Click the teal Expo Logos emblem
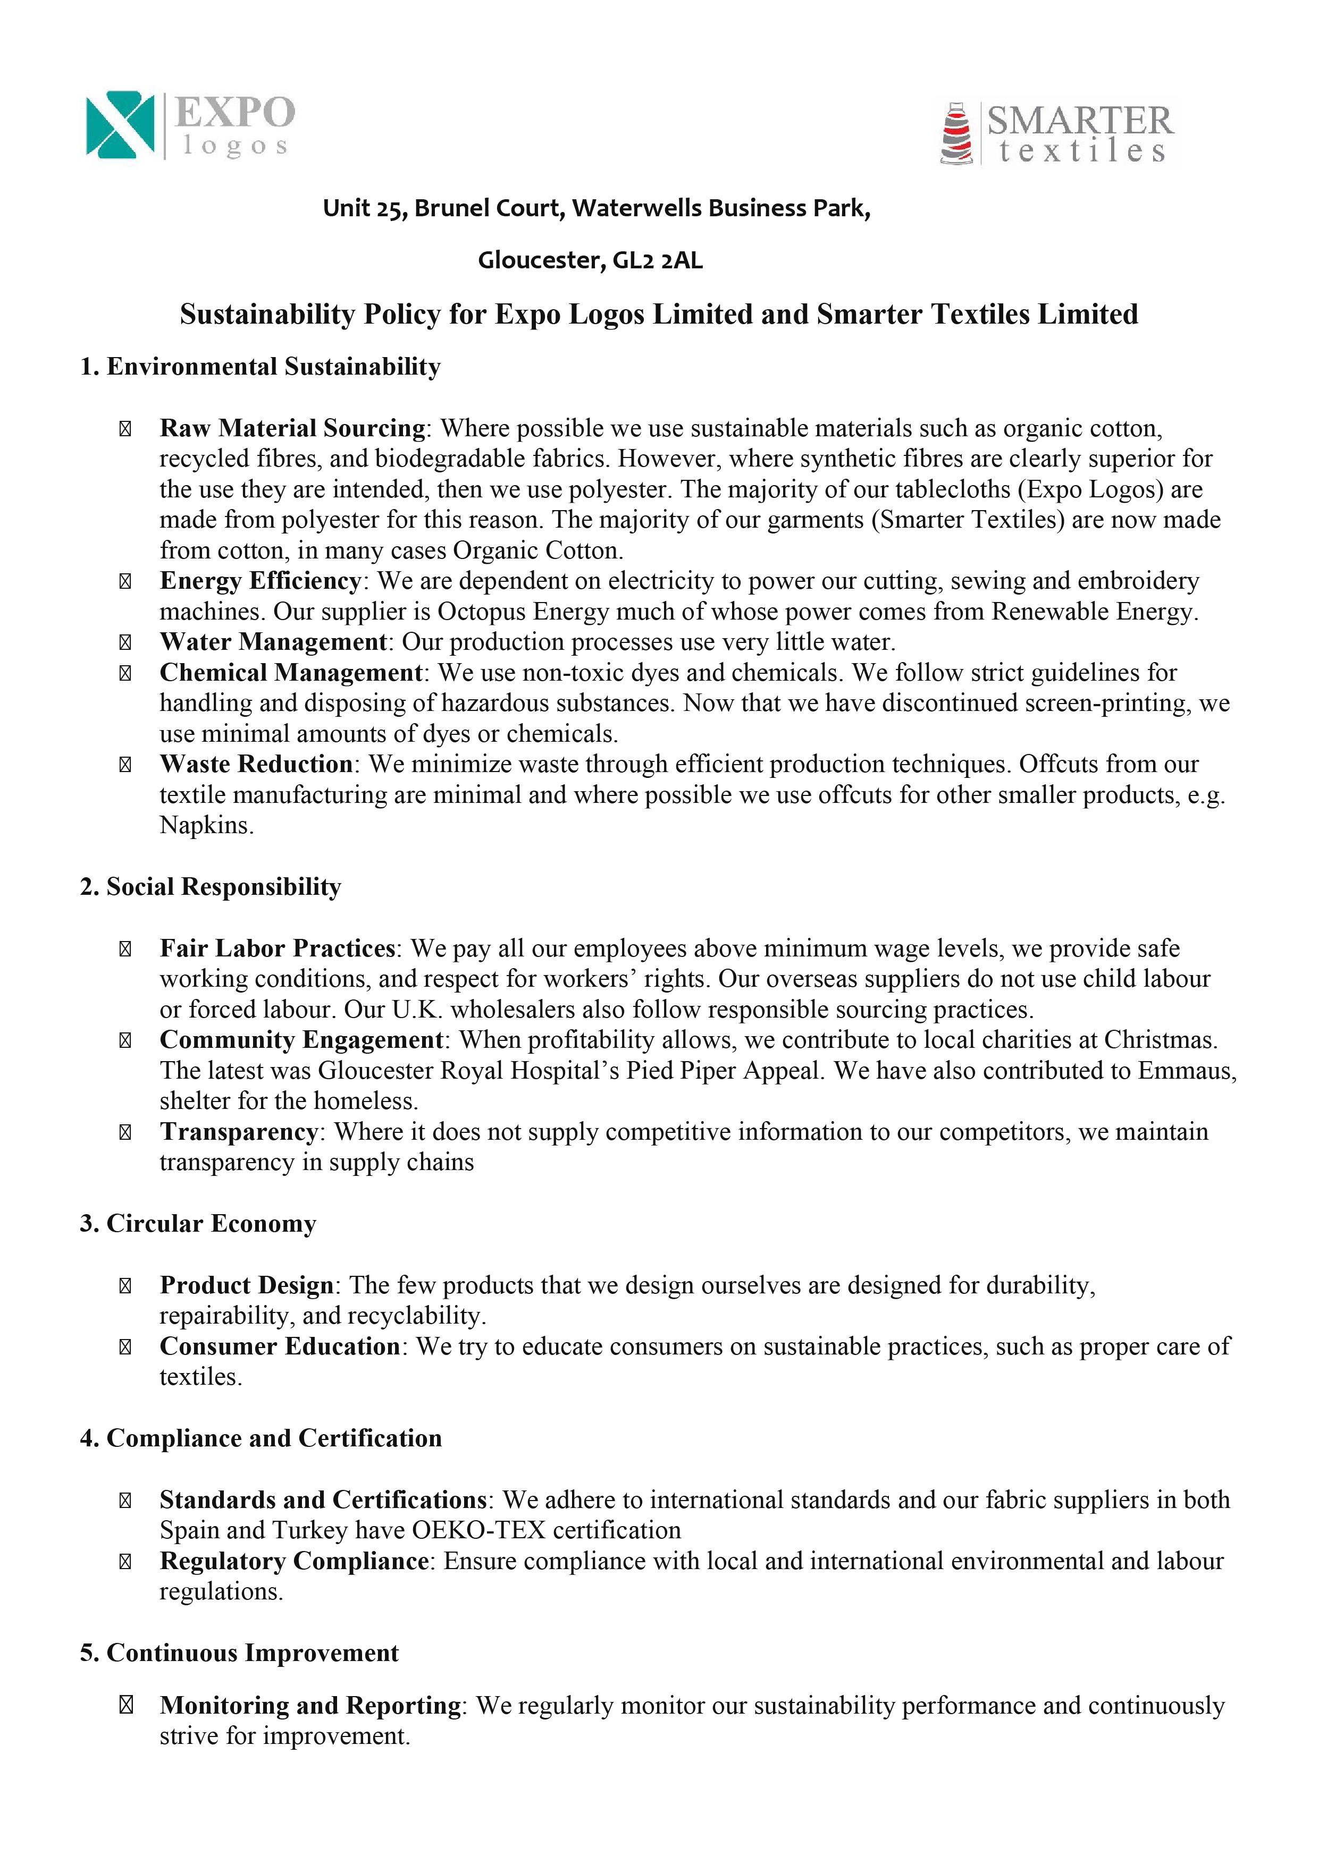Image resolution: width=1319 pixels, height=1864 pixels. (x=120, y=124)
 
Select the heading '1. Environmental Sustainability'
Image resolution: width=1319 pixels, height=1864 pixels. (x=260, y=367)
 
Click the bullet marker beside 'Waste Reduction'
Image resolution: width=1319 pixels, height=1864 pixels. (x=125, y=764)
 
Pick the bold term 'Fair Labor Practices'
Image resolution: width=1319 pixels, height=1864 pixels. (x=277, y=948)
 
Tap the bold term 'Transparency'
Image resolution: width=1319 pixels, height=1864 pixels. (x=239, y=1132)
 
